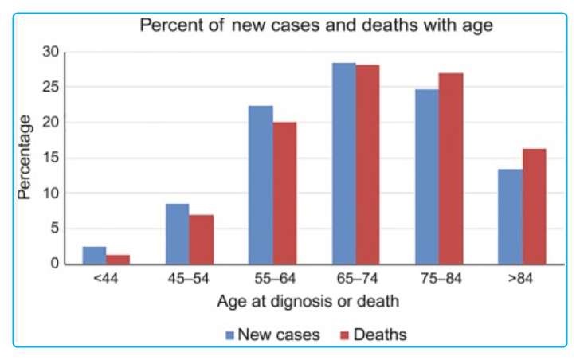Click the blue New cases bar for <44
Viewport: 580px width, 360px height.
pyautogui.click(x=94, y=256)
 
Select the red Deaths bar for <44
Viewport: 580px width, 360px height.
pyautogui.click(x=118, y=260)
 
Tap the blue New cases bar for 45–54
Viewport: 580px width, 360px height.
pyautogui.click(x=177, y=234)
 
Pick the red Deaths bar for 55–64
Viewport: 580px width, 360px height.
pyautogui.click(x=284, y=193)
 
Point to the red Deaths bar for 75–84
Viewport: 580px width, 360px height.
pyautogui.click(x=451, y=168)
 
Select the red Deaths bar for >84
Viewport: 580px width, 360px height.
pyautogui.click(x=534, y=206)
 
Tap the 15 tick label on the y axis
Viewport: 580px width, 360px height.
pyautogui.click(x=51, y=158)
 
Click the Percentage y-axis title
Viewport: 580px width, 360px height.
pyautogui.click(x=25, y=157)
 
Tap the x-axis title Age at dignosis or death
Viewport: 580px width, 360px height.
pyautogui.click(x=308, y=302)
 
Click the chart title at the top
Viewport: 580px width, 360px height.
pyautogui.click(x=316, y=25)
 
